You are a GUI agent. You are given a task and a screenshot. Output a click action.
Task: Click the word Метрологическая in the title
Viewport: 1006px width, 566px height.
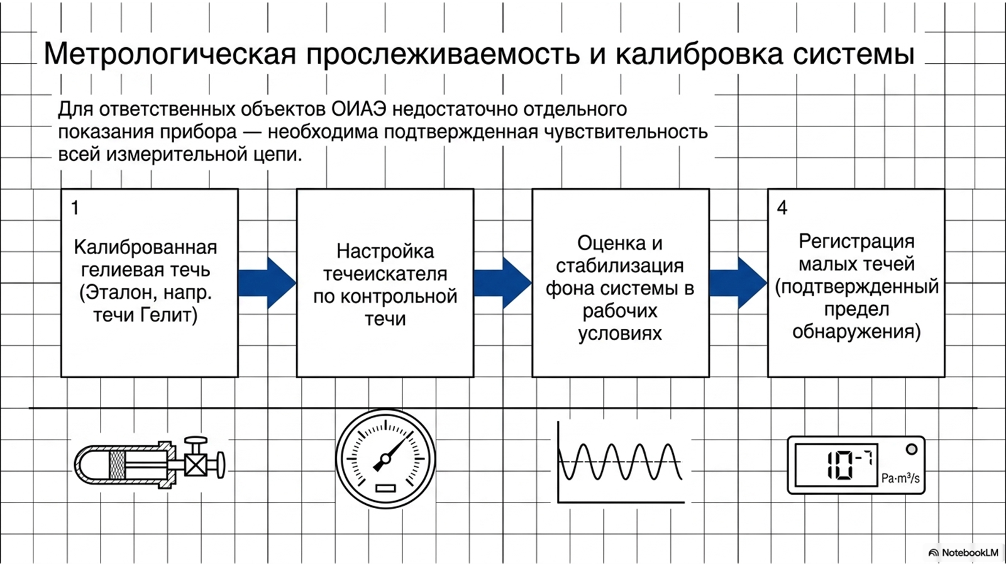[170, 54]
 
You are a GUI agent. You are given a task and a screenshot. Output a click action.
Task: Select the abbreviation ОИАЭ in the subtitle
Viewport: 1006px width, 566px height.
[359, 109]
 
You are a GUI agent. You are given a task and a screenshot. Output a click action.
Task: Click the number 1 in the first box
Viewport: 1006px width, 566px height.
[75, 208]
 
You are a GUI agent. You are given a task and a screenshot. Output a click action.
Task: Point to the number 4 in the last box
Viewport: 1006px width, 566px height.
[782, 208]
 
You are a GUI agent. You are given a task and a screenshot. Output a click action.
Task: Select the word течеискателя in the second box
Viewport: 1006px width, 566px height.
[385, 274]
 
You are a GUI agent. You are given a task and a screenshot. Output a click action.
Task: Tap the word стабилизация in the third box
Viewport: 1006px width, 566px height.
[620, 266]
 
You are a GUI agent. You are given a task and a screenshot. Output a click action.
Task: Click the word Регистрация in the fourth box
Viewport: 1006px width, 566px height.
[856, 242]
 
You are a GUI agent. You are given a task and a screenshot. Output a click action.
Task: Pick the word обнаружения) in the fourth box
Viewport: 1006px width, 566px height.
[856, 332]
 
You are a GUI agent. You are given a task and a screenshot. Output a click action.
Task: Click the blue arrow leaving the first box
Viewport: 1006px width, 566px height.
[267, 283]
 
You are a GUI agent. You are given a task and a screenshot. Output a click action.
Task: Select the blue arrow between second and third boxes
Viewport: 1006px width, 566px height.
[503, 283]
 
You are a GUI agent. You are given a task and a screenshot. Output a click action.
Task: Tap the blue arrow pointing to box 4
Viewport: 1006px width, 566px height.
[738, 283]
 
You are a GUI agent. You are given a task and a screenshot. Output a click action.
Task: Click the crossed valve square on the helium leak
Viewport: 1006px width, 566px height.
[196, 465]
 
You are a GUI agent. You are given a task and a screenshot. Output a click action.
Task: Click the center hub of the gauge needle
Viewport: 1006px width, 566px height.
[385, 459]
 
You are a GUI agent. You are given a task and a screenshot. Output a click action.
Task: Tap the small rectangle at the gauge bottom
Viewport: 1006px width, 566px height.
[385, 488]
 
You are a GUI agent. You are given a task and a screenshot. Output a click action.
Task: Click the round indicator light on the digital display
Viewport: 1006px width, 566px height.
[911, 449]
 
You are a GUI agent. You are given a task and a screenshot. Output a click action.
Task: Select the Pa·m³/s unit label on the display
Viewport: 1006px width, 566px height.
[900, 478]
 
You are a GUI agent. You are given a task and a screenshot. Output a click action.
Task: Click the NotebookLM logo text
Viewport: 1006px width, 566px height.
[970, 553]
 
